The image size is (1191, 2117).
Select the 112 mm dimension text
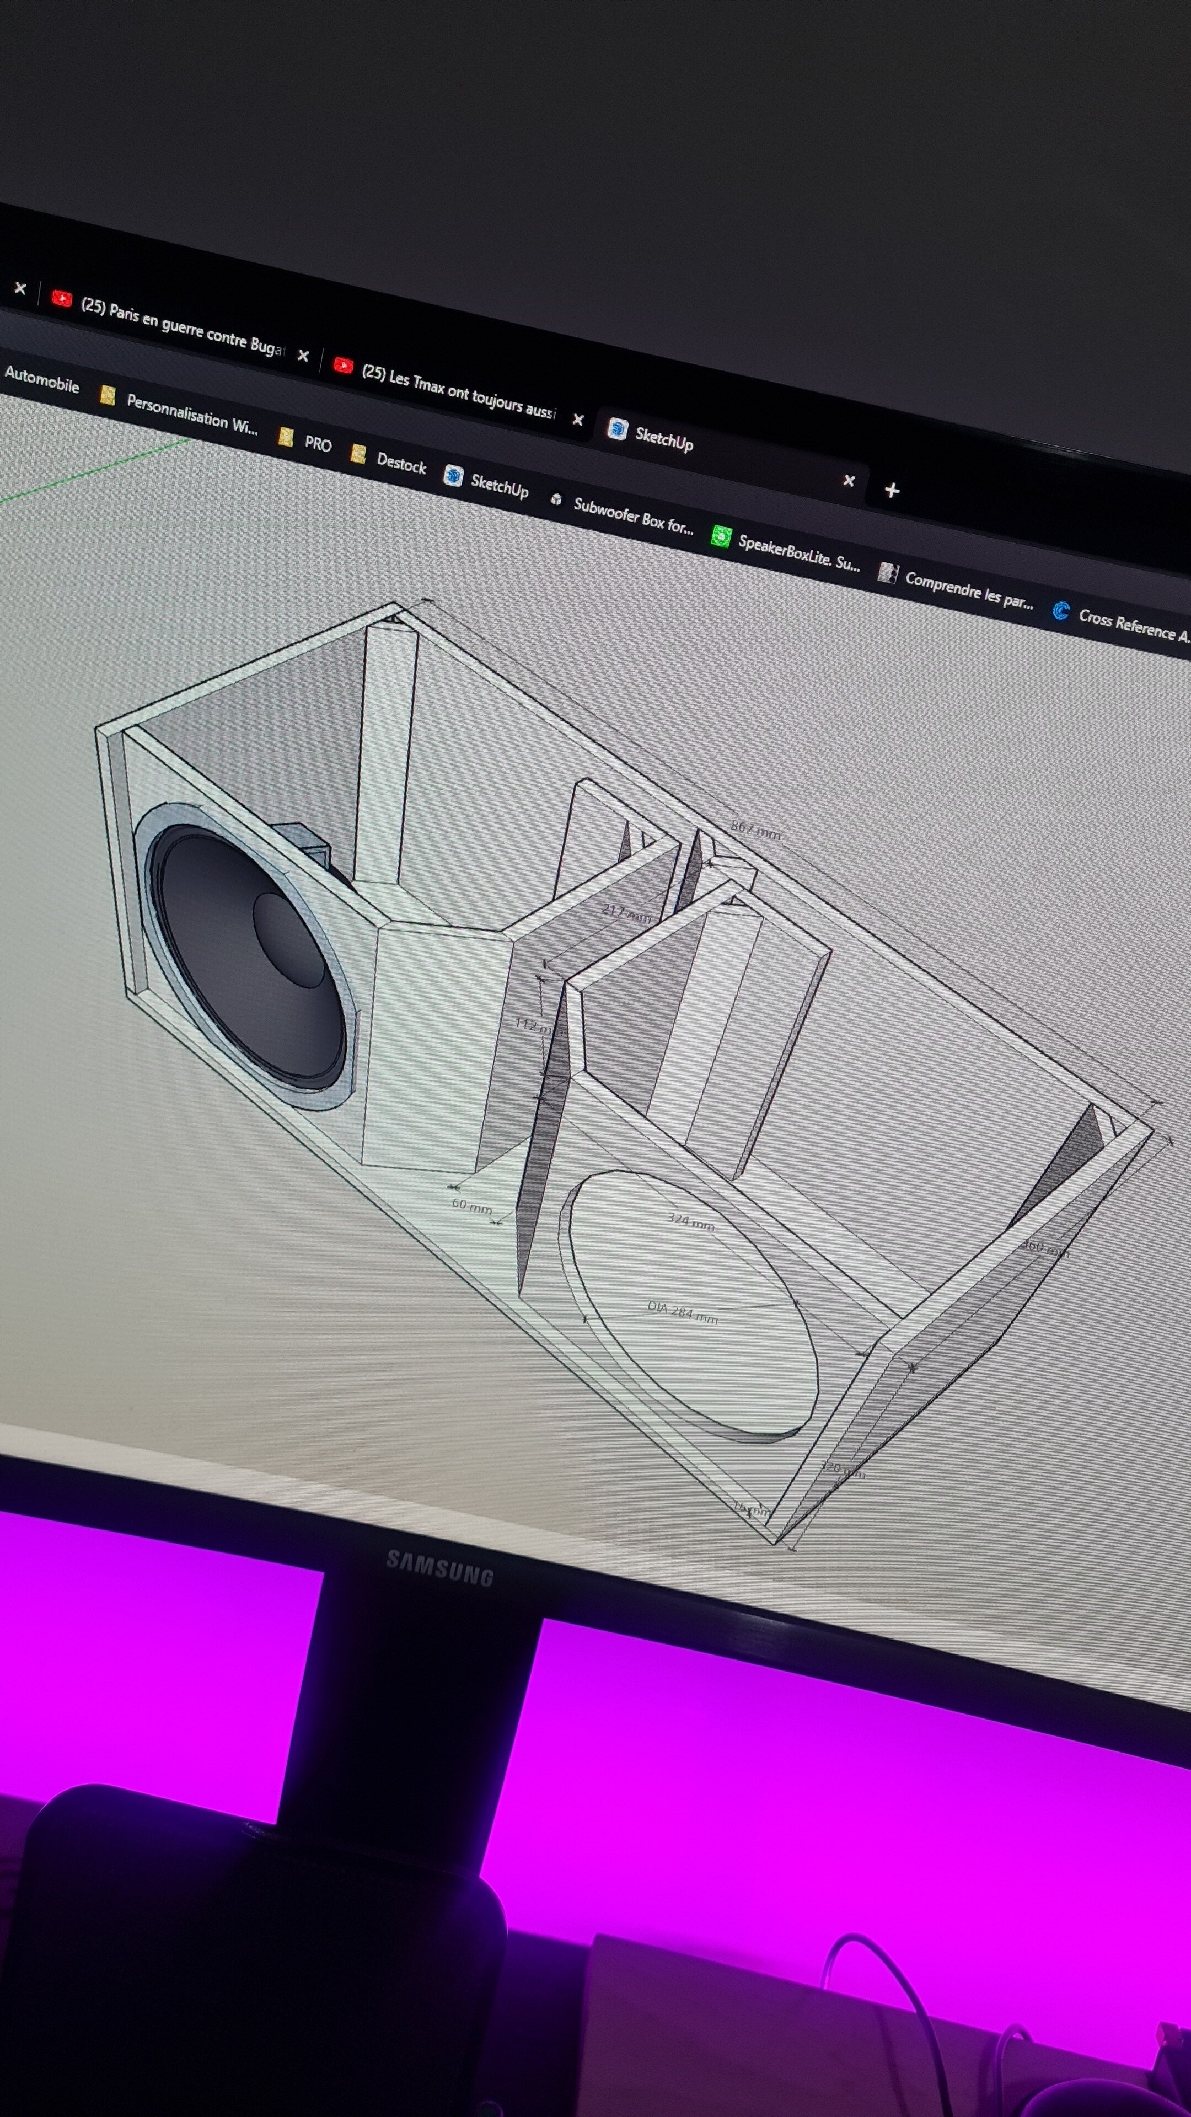click(x=537, y=1027)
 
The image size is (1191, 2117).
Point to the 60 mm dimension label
click(x=471, y=1206)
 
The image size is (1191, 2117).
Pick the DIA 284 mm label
click(x=682, y=1312)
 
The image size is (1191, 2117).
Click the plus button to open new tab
click(x=892, y=491)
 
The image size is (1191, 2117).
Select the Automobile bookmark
click(x=41, y=380)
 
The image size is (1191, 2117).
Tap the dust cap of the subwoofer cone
click(x=288, y=939)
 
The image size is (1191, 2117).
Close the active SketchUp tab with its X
click(x=849, y=481)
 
